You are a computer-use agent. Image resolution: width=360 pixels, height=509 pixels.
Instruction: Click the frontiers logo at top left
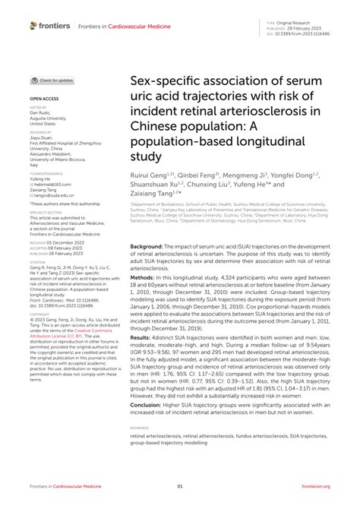[x=50, y=26]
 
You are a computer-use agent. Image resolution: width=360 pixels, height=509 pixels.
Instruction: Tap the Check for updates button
[x=52, y=80]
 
